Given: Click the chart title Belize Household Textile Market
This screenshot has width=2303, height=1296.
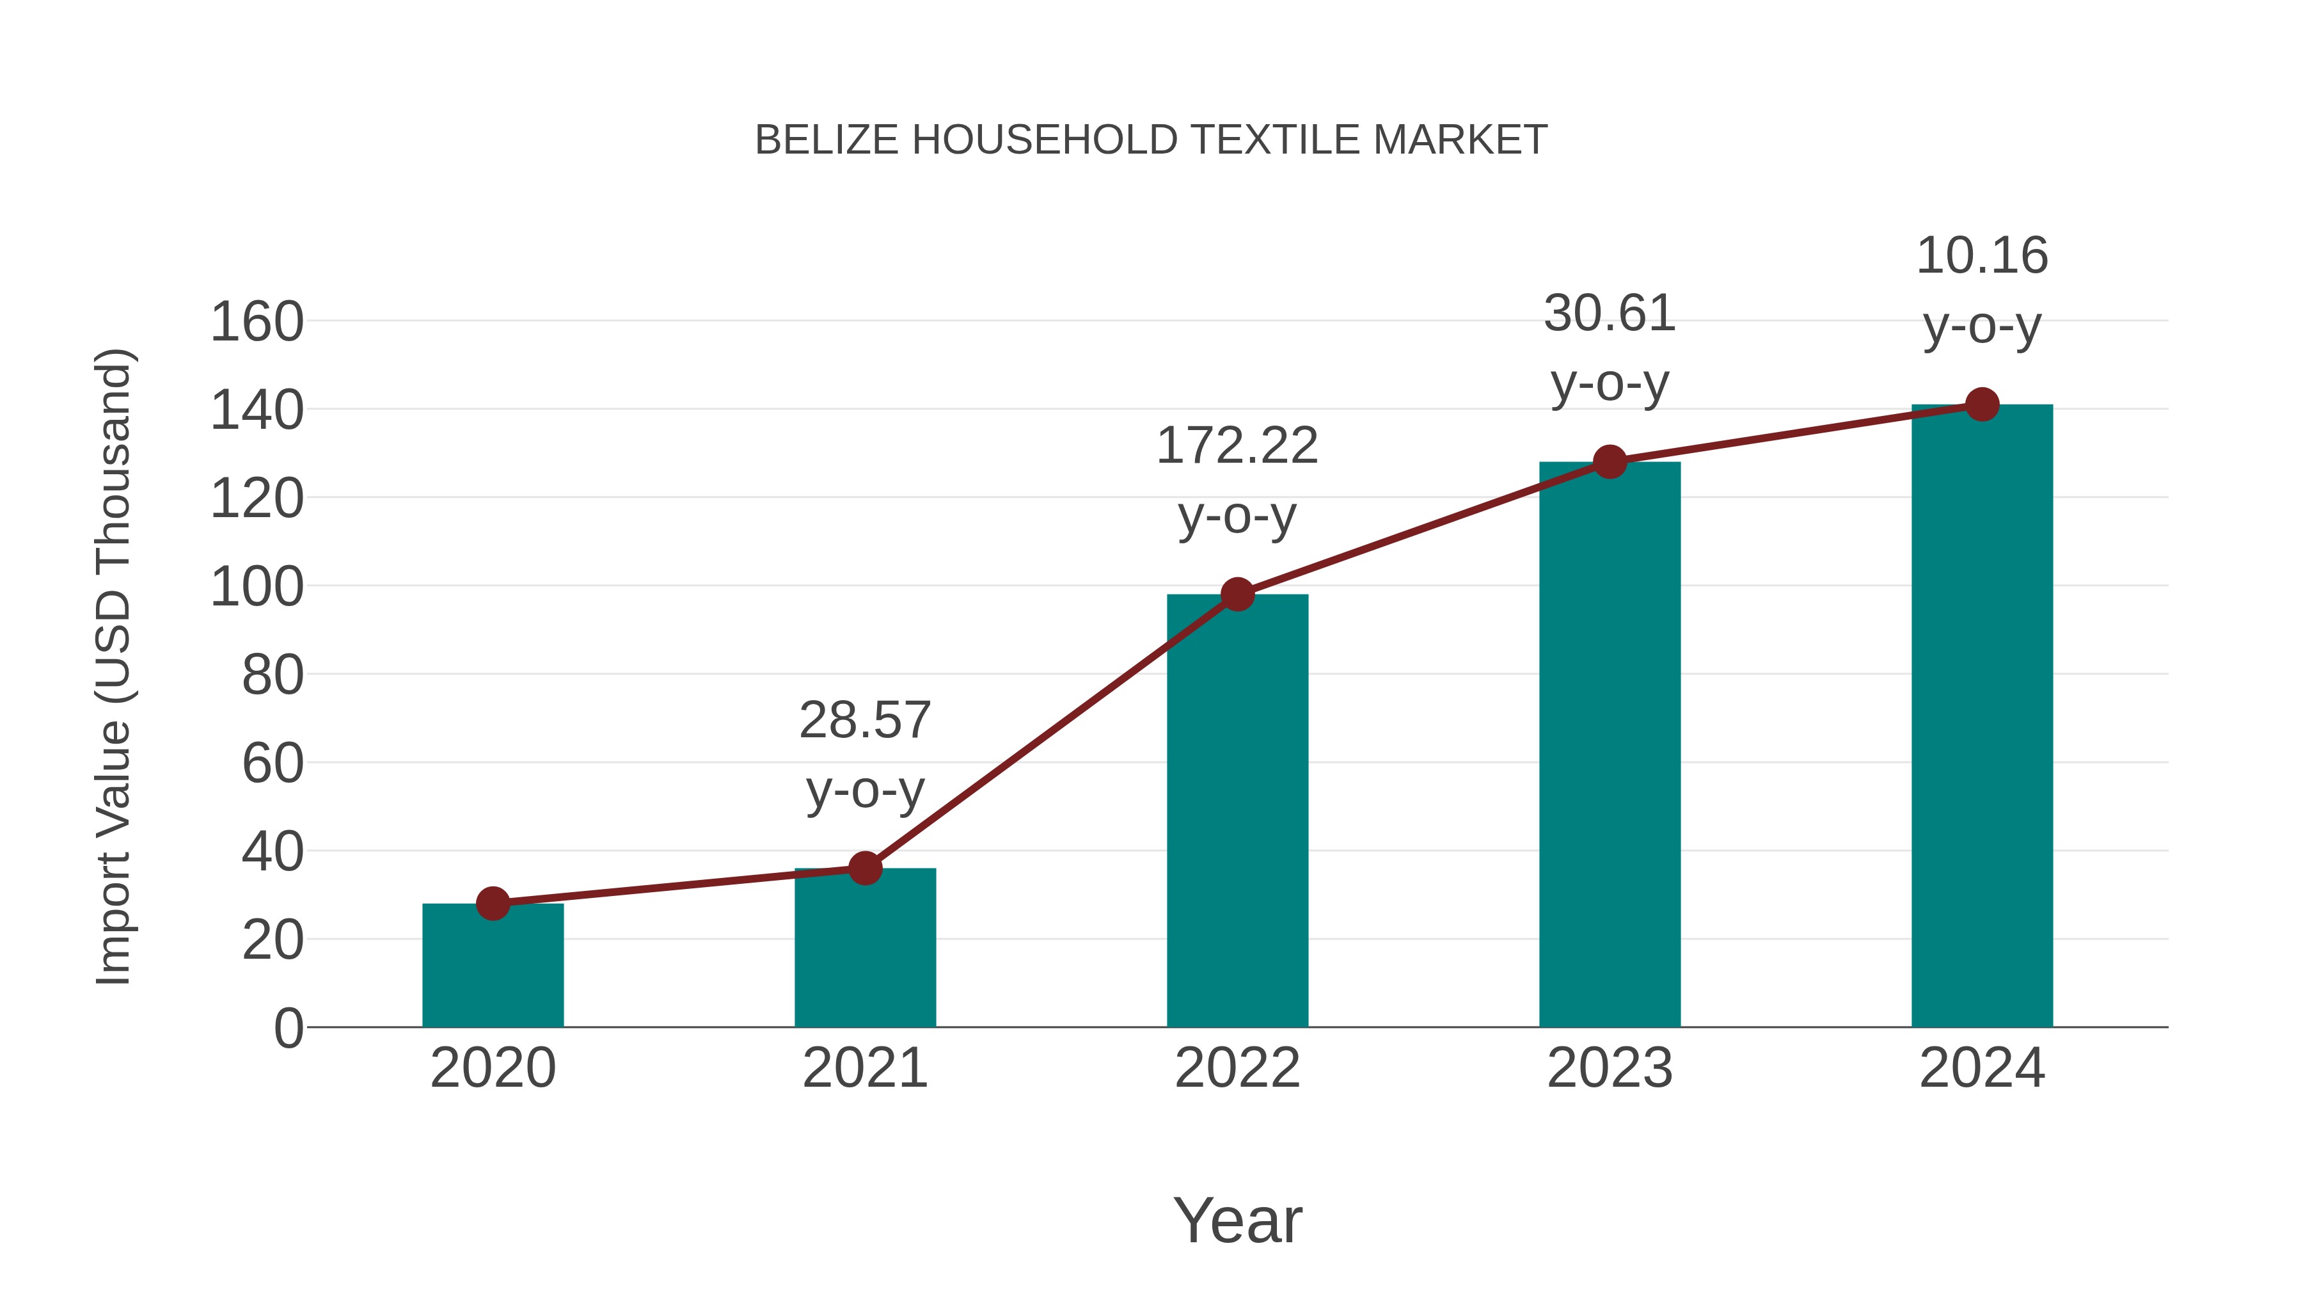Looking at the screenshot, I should pyautogui.click(x=1151, y=140).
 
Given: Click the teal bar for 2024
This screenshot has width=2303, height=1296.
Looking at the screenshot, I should pyautogui.click(x=1982, y=716).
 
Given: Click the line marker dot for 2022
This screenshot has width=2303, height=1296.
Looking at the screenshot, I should pyautogui.click(x=1237, y=594).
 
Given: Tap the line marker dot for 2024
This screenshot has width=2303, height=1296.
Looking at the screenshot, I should pyautogui.click(x=1982, y=404).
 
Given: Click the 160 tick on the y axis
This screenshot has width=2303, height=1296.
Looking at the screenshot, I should pyautogui.click(x=257, y=322).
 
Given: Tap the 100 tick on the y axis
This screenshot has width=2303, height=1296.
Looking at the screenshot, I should pyautogui.click(x=257, y=588).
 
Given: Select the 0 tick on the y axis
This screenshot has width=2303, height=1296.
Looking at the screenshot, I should pyautogui.click(x=289, y=1028).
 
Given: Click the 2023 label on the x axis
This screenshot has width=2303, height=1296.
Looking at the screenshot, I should pyautogui.click(x=1610, y=1068).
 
